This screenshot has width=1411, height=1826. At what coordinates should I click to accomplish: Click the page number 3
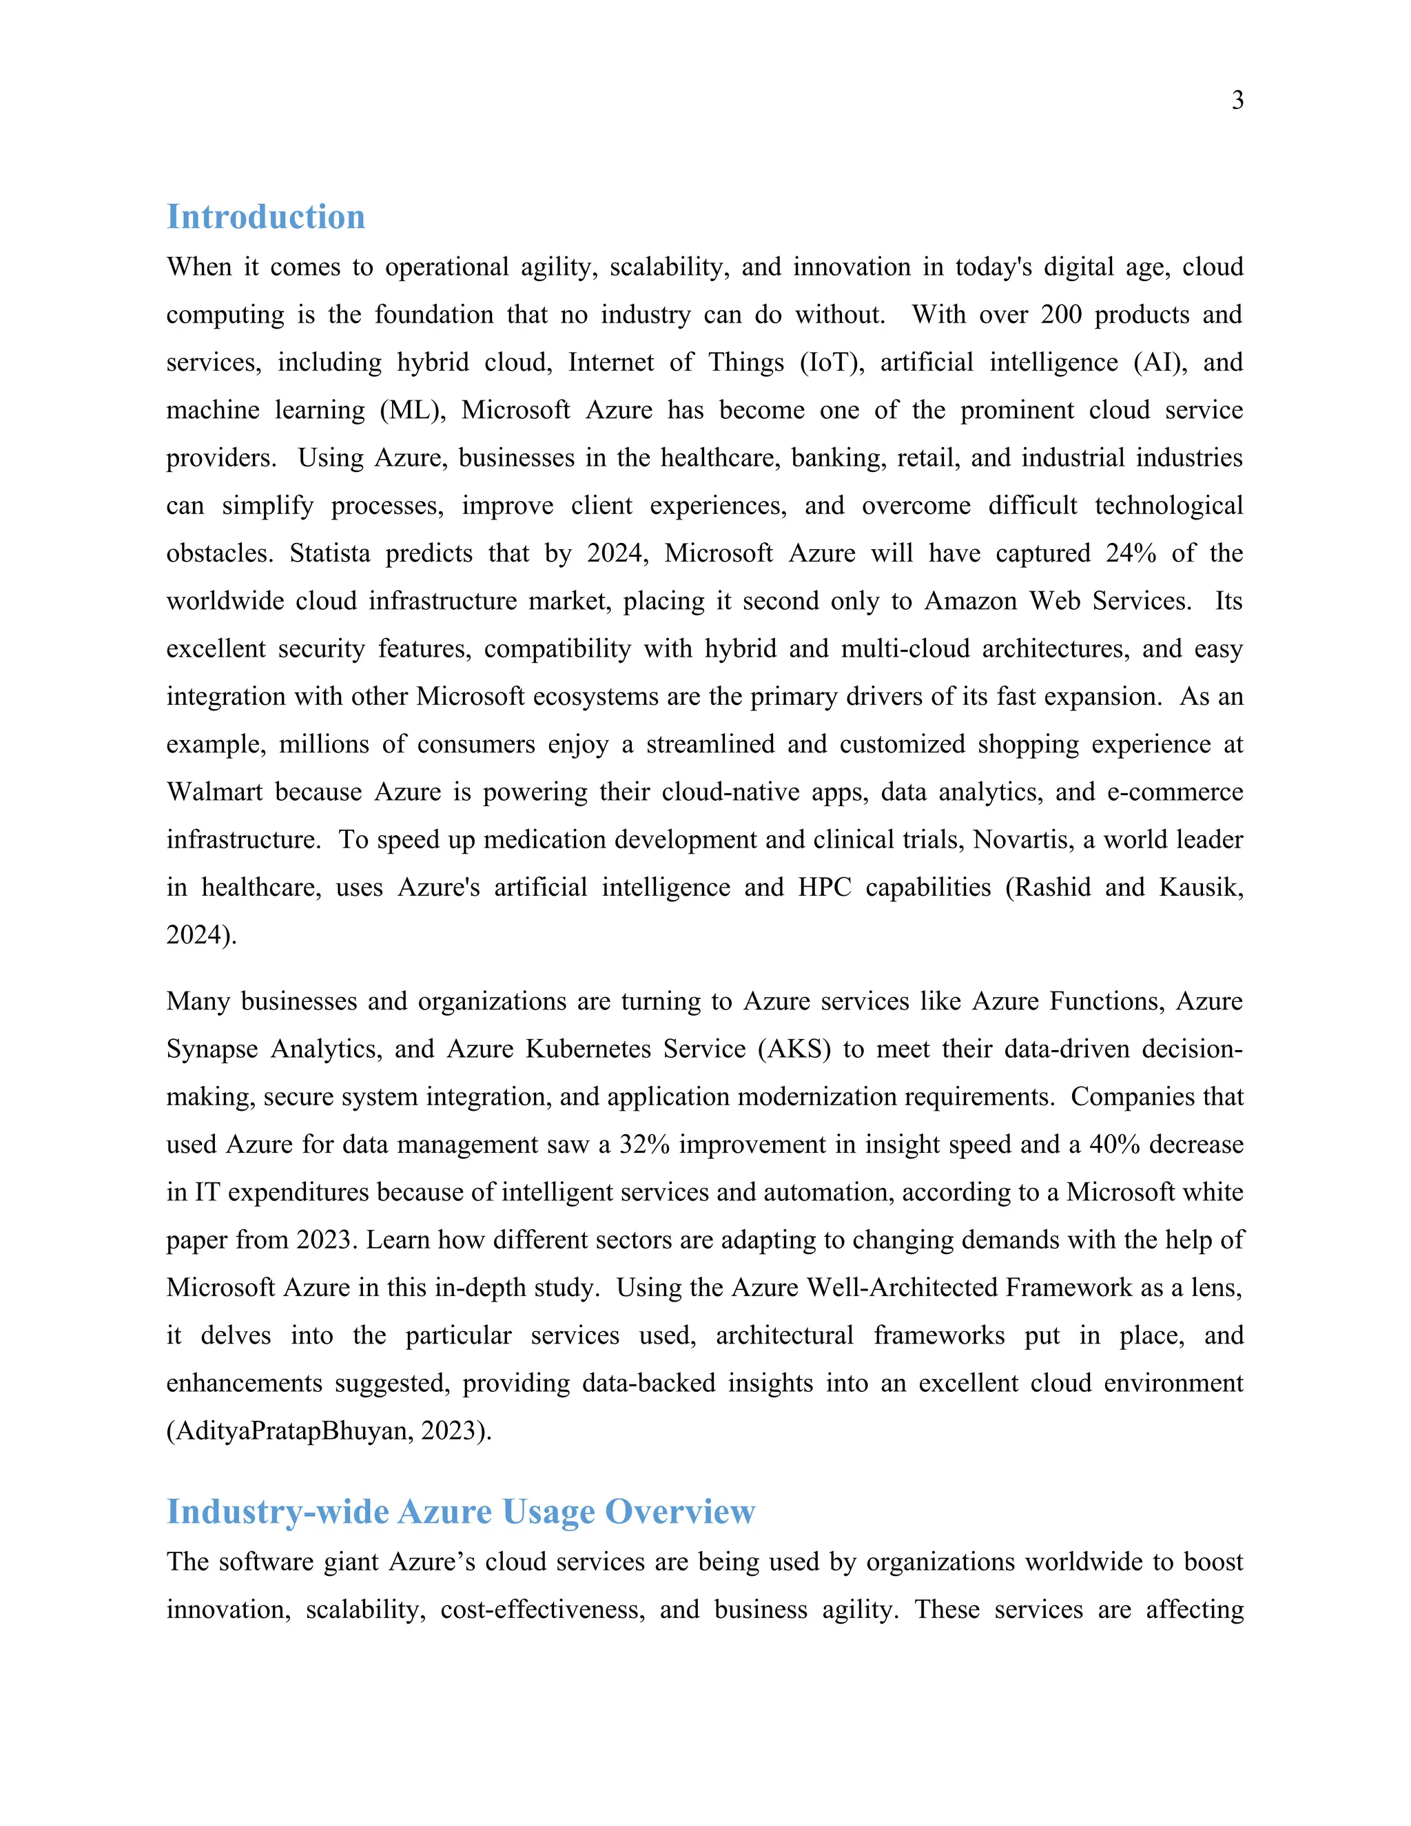pos(1237,101)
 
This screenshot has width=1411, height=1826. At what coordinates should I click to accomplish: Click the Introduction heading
pos(266,216)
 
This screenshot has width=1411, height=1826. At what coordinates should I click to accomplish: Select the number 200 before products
pos(1061,314)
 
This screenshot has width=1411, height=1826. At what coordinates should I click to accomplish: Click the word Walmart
pos(214,792)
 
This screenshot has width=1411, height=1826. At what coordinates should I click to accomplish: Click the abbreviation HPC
pos(824,887)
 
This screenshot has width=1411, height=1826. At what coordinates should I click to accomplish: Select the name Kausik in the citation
pos(1200,887)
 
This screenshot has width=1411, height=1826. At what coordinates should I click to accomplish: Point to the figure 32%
pos(644,1145)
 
